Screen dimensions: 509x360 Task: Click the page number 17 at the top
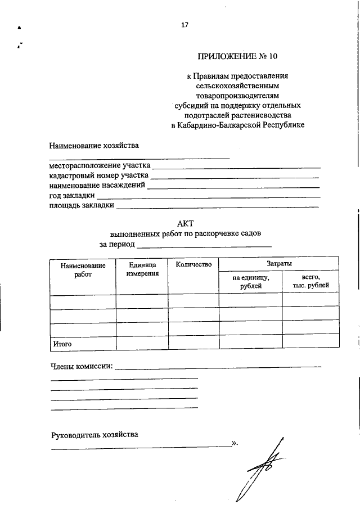pyautogui.click(x=184, y=25)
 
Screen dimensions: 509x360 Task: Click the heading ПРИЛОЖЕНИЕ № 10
pyautogui.click(x=237, y=56)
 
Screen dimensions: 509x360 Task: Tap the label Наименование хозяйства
pyautogui.click(x=93, y=146)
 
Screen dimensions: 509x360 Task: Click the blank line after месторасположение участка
pyautogui.click(x=236, y=167)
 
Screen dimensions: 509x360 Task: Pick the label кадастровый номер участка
pyautogui.click(x=98, y=175)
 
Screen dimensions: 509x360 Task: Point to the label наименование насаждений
pyautogui.click(x=97, y=185)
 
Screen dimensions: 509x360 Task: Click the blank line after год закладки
pyautogui.click(x=208, y=196)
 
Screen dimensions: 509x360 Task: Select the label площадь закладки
pyautogui.click(x=81, y=205)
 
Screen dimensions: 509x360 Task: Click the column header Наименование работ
pyautogui.click(x=83, y=269)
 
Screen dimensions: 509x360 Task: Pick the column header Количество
pyautogui.click(x=193, y=264)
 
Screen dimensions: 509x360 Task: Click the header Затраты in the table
pyautogui.click(x=279, y=263)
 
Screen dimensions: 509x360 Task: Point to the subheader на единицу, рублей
pyautogui.click(x=250, y=282)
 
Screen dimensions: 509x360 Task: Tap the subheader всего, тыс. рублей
pyautogui.click(x=310, y=282)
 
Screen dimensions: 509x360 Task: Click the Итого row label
pyautogui.click(x=62, y=343)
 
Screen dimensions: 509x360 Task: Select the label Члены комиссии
pyautogui.click(x=82, y=367)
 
